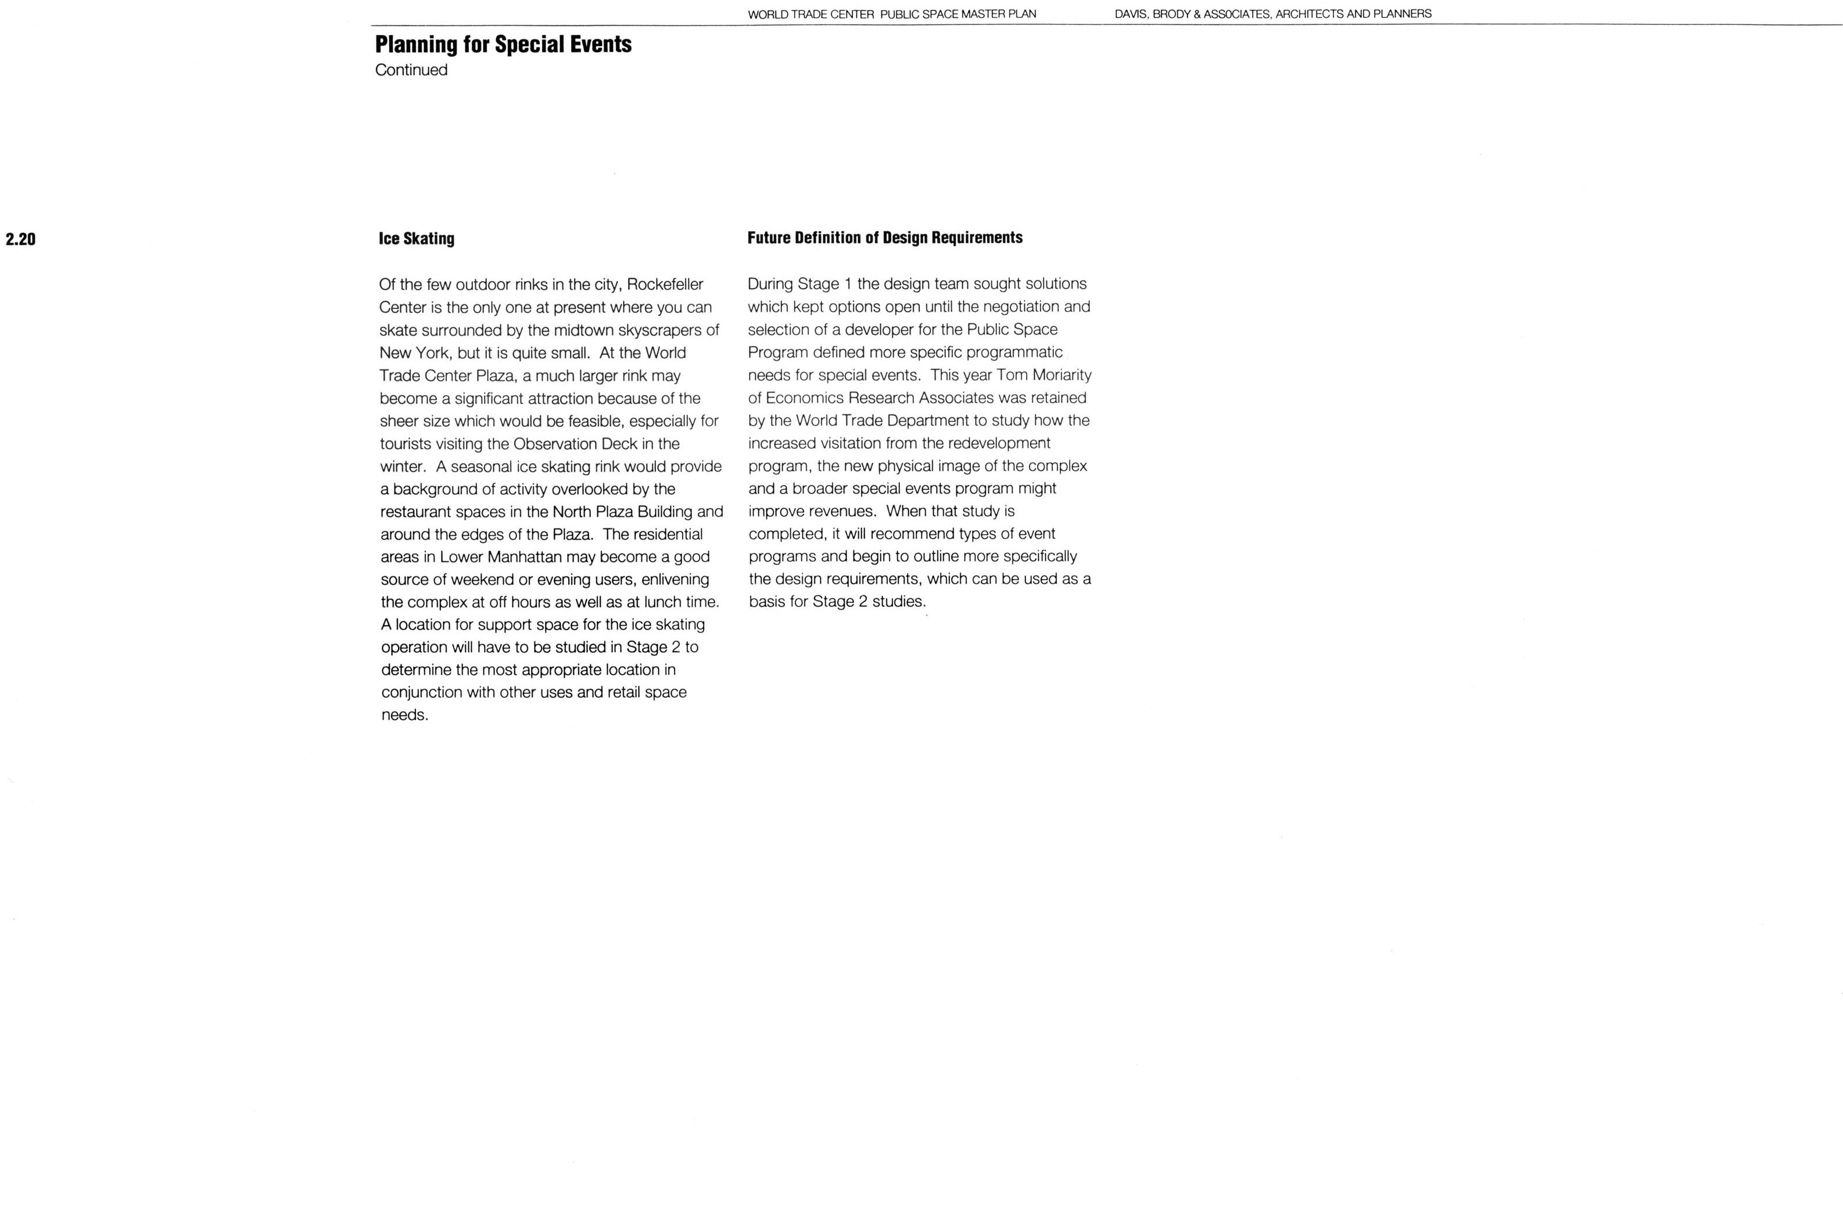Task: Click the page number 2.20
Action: click(x=21, y=239)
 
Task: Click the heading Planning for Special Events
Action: click(x=503, y=44)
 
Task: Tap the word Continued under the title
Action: click(x=411, y=70)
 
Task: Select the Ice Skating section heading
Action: click(x=417, y=238)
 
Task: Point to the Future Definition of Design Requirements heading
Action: click(x=884, y=238)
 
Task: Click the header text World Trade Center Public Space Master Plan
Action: click(x=891, y=14)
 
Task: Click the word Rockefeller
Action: click(x=665, y=285)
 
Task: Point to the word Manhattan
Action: click(x=524, y=558)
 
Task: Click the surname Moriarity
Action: click(x=1062, y=375)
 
